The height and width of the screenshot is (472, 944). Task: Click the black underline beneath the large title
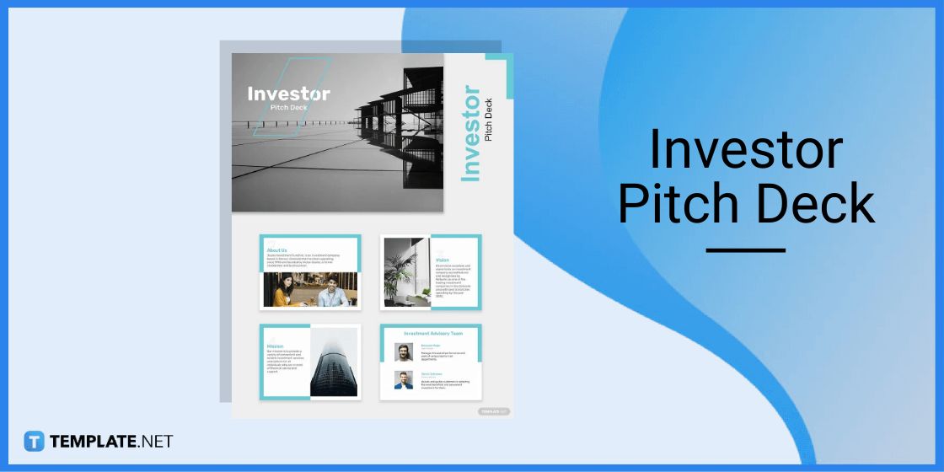745,250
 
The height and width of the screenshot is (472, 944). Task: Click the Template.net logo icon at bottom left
34,441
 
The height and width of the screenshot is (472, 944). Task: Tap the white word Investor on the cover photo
288,94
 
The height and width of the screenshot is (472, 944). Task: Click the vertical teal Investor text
470,133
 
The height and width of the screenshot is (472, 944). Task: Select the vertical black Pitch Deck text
489,120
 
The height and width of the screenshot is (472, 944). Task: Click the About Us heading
276,250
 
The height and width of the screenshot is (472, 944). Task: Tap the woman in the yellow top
281,291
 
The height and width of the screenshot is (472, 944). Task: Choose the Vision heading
442,260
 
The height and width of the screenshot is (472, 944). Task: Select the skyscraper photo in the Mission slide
333,362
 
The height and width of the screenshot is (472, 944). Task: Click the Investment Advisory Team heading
433,334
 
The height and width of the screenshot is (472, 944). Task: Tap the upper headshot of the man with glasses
404,352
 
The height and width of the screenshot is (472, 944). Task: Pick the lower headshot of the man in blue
404,380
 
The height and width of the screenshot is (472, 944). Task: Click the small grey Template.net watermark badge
494,411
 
